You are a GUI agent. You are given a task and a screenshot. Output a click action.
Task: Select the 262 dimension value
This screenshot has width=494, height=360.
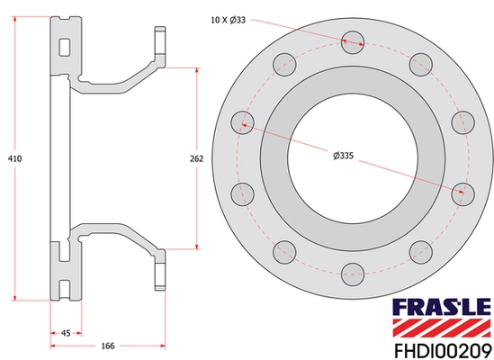tap(198, 158)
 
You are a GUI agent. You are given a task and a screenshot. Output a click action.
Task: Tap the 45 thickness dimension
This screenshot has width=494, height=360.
tap(66, 332)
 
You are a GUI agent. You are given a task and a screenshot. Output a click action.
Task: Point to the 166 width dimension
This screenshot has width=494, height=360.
tap(106, 346)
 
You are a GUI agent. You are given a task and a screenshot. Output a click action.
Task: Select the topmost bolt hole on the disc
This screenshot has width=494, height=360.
tap(353, 39)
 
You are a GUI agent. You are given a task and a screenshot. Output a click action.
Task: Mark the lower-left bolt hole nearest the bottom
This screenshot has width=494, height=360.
tap(285, 245)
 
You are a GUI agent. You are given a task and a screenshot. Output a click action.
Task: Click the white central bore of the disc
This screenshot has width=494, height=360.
tap(353, 153)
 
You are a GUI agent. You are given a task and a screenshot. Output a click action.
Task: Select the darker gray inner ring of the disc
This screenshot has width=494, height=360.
tap(274, 153)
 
